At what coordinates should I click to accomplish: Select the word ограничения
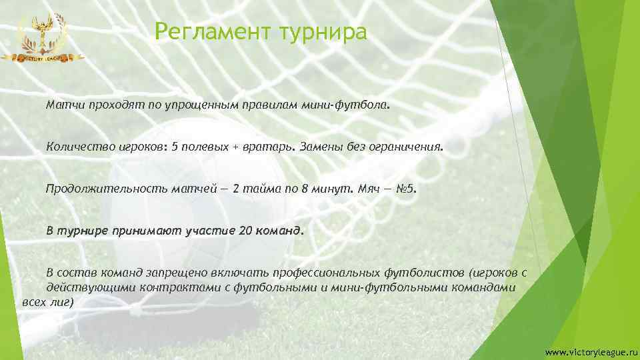[407, 147]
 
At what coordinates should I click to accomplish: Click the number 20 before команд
[245, 231]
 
